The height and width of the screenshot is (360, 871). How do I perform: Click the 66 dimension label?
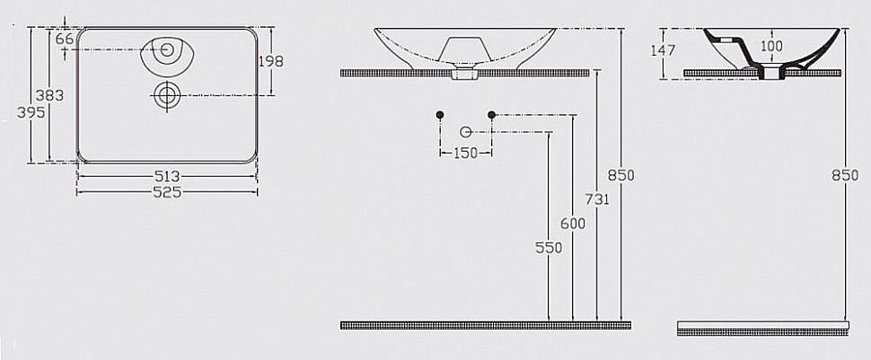[65, 39]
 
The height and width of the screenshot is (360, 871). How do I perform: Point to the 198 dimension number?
[270, 61]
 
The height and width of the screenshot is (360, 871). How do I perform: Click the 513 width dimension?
[168, 176]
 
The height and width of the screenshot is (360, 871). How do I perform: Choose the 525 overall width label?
[168, 191]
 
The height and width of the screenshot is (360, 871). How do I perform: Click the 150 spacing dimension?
[464, 153]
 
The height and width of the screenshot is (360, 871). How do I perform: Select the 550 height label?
[549, 248]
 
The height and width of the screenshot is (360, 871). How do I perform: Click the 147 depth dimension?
[663, 50]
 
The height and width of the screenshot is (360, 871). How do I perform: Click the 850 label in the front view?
[621, 176]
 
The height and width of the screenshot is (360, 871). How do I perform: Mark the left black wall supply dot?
[439, 115]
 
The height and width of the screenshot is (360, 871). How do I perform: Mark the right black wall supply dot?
[491, 115]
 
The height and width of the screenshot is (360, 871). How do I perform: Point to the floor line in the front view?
[481, 324]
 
